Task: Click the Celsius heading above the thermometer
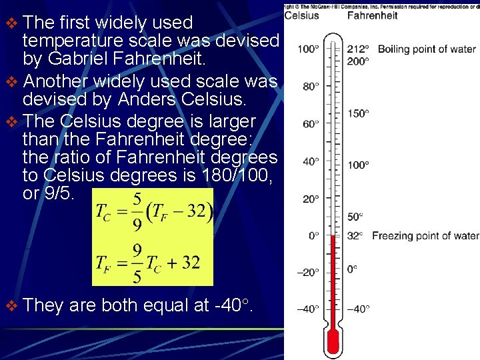301,15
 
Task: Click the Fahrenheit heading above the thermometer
373,15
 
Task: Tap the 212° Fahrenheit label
358,49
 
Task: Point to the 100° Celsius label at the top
308,49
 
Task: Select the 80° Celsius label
311,86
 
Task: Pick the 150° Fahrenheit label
358,113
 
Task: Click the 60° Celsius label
311,123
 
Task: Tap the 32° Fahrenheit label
355,235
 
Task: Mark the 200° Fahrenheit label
358,61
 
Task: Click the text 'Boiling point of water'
427,49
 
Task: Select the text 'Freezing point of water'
425,235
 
